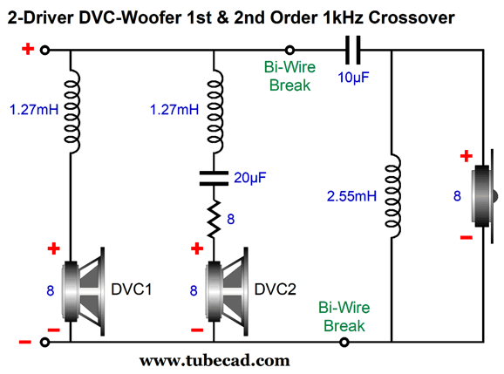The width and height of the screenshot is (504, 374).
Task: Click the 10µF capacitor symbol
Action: tap(352, 50)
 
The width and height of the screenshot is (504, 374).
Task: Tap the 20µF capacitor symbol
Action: tap(214, 179)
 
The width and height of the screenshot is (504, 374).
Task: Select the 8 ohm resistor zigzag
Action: tap(214, 219)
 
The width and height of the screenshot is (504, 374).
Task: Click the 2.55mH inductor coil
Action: tap(392, 196)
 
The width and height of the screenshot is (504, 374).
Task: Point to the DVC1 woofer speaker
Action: tap(85, 291)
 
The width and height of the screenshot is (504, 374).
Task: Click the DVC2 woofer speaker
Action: tap(228, 291)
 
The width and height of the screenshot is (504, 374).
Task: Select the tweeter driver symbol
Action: tap(485, 196)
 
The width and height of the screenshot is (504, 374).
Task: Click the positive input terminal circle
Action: tap(44, 50)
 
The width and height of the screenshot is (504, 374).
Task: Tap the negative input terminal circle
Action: tap(44, 343)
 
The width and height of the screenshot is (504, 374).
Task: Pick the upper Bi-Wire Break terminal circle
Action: tap(289, 50)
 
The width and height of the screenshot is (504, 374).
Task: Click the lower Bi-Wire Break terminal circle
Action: tap(344, 343)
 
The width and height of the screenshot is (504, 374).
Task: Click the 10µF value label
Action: tap(353, 78)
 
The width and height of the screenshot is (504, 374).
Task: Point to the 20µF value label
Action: tap(249, 178)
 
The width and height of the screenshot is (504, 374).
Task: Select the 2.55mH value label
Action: tap(351, 196)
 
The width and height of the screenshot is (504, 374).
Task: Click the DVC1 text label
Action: tap(131, 289)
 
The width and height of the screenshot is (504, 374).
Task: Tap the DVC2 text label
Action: tap(276, 289)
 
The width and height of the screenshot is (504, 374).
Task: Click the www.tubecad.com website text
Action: tap(215, 361)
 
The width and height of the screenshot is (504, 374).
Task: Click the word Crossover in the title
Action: tap(412, 17)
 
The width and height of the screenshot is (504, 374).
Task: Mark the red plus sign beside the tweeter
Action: tap(467, 156)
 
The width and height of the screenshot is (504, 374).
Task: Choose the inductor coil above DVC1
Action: tap(72, 111)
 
